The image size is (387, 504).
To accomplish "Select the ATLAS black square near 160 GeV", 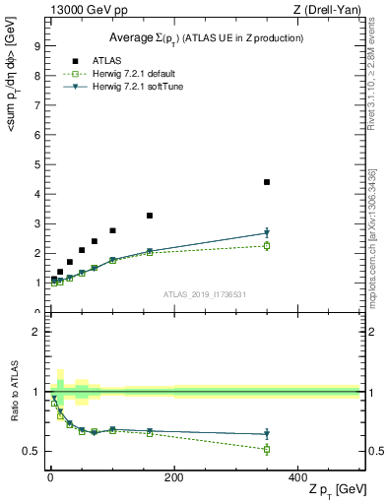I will click(x=150, y=216).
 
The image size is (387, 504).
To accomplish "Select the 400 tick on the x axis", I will click(x=297, y=477).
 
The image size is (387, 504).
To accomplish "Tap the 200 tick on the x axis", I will click(x=173, y=477).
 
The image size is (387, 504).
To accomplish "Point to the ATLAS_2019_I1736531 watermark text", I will click(x=205, y=294).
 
